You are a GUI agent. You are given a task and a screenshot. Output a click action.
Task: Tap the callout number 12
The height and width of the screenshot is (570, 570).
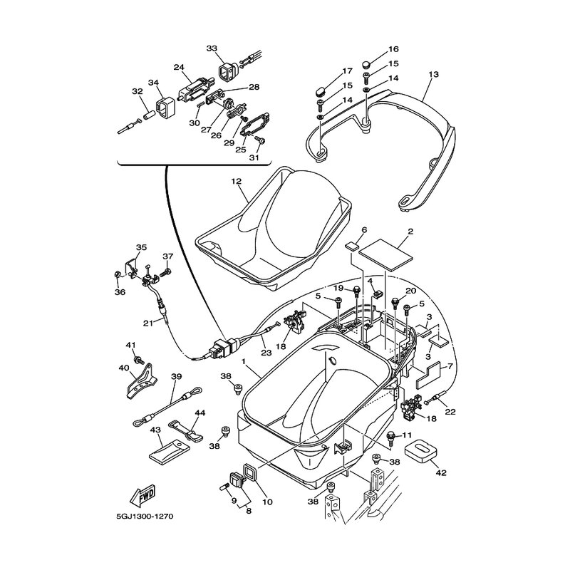[x=237, y=182]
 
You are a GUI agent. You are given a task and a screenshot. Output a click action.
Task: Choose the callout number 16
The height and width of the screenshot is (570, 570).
[x=373, y=49]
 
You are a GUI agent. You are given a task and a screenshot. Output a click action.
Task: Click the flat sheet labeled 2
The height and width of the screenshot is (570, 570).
[x=385, y=252]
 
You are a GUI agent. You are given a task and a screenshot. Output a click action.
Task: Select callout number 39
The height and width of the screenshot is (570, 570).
[x=177, y=378]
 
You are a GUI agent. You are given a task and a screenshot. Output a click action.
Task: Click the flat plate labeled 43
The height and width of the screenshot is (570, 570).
[x=165, y=451]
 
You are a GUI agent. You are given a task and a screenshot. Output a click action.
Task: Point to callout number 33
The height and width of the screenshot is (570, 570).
[x=212, y=48]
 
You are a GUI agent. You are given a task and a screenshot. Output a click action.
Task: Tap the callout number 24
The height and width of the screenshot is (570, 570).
[x=179, y=68]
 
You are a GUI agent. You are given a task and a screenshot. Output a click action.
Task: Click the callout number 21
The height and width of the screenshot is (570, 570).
[x=148, y=323]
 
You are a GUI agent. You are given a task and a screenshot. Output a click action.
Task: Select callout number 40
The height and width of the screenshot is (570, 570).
[x=124, y=368]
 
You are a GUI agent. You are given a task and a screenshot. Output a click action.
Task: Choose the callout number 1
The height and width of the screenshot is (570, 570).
[x=244, y=362]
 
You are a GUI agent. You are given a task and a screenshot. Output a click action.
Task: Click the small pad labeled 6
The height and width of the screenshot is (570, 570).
[x=352, y=247]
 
